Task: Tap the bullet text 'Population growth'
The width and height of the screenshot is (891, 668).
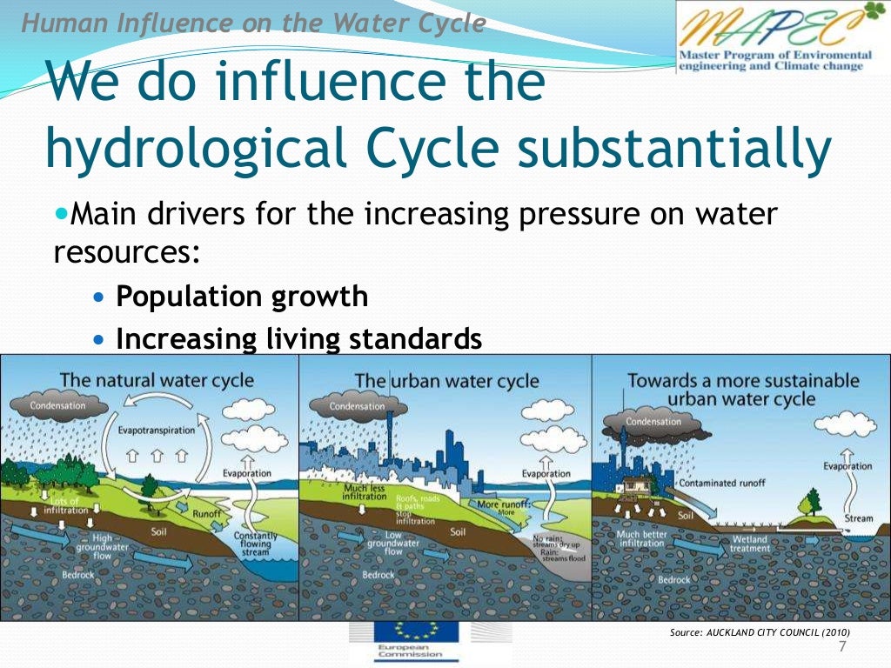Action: (242, 297)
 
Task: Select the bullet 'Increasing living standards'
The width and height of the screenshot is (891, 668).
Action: (298, 338)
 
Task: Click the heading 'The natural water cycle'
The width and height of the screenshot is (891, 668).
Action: (157, 380)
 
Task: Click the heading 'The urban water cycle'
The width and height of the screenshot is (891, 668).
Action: (446, 381)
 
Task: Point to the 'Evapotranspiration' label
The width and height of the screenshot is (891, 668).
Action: (157, 431)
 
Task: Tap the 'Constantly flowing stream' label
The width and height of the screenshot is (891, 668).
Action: (255, 544)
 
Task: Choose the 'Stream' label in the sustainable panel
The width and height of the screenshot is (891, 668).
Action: (858, 519)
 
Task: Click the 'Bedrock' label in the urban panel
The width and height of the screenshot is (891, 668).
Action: (379, 575)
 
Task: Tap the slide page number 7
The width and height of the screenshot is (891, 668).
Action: (841, 646)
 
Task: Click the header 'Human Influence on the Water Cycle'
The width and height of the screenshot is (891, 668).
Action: (253, 24)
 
